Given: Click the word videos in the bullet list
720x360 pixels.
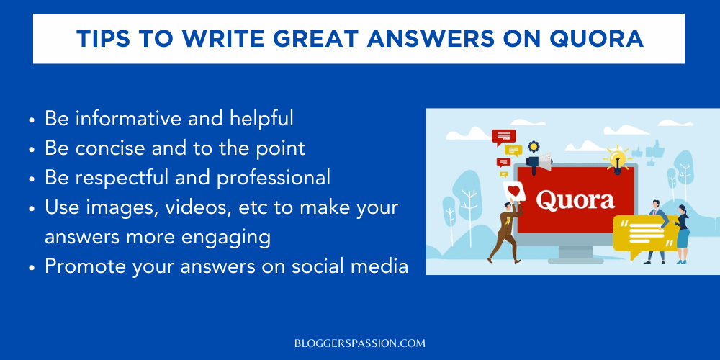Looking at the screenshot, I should tap(186, 207).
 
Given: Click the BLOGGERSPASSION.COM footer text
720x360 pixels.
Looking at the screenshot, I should tap(360, 343).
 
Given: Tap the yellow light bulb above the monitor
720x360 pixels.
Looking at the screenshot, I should tap(616, 156).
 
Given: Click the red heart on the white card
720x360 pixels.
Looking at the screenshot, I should tap(514, 189).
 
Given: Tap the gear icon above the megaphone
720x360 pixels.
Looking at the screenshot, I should tap(534, 146).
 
